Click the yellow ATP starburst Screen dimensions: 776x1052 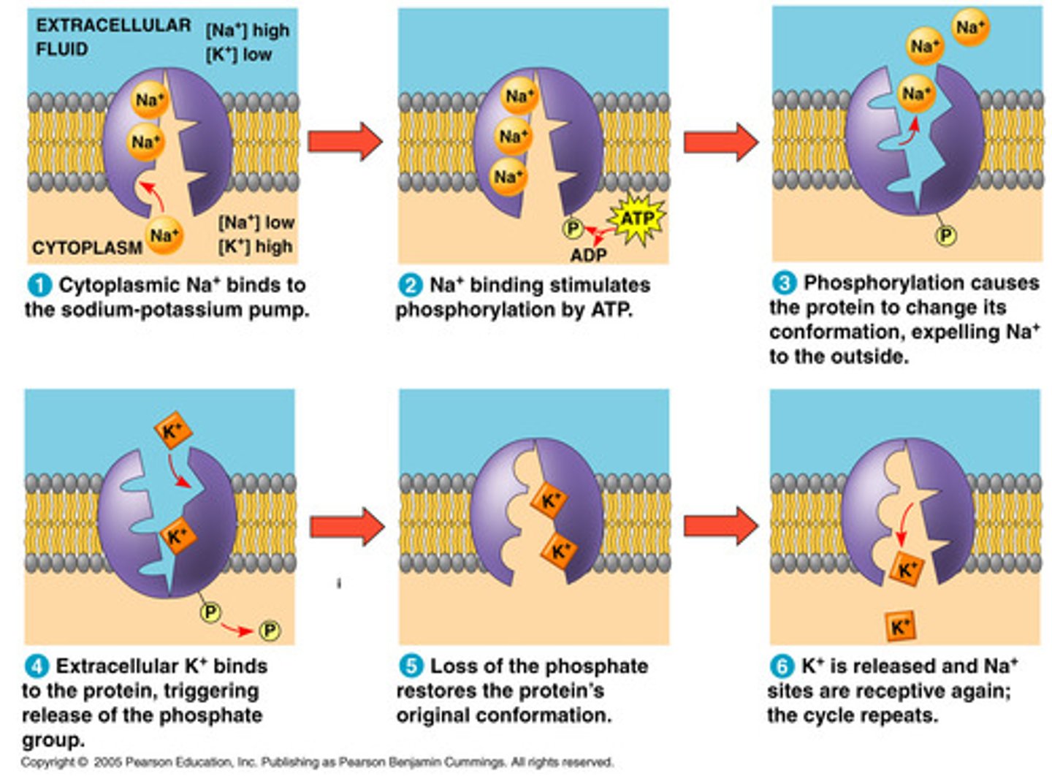click(637, 218)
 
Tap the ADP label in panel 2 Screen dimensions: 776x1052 click(588, 255)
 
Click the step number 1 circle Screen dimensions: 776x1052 click(39, 285)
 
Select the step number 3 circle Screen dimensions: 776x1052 click(784, 284)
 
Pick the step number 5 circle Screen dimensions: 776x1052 click(411, 666)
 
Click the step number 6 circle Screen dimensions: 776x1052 click(782, 666)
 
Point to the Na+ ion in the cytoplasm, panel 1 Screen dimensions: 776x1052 click(164, 235)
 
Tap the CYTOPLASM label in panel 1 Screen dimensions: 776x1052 click(87, 248)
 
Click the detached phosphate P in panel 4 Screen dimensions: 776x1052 click(269, 631)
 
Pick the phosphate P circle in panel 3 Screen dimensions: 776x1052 click(946, 235)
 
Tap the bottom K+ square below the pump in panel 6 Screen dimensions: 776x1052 click(900, 626)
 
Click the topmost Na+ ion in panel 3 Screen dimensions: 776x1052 click(970, 28)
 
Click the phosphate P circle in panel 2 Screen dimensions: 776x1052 click(573, 229)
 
